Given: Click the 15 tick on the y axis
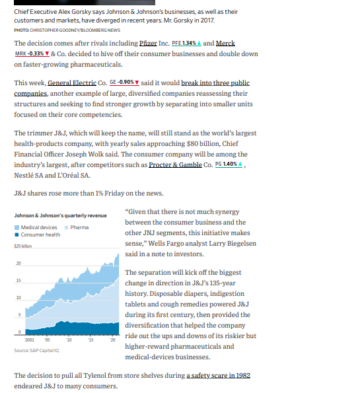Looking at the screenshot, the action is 18,281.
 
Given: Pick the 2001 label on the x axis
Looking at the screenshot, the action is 30,339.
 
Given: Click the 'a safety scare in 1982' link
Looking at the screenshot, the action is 218,375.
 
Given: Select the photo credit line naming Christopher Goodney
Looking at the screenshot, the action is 66,29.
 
